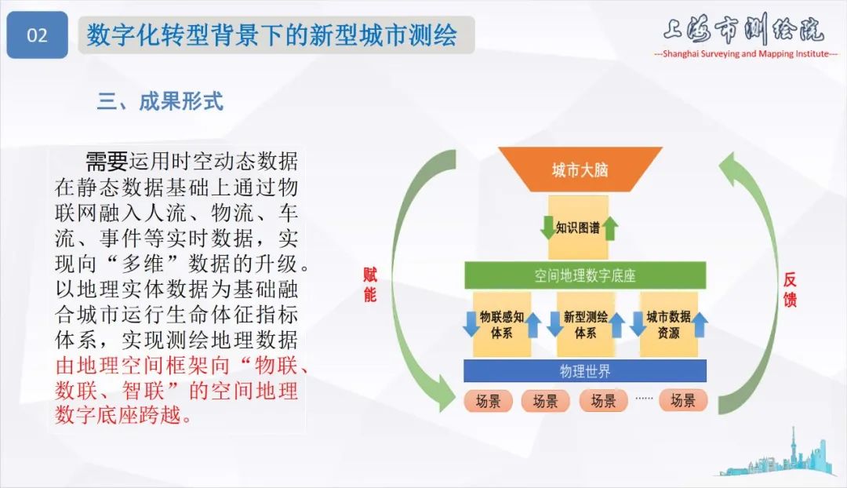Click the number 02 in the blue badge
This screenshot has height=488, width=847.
[37, 36]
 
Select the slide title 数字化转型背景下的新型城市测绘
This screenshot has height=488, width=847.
[272, 35]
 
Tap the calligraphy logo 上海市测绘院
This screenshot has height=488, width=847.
[743, 30]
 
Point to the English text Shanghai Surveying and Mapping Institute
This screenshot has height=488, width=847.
[745, 53]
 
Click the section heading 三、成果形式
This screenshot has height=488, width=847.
[160, 101]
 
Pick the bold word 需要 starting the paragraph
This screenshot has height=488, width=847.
[106, 162]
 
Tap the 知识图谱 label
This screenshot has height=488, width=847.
[578, 228]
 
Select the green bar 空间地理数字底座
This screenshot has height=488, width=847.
[584, 275]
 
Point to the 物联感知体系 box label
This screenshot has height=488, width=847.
[501, 324]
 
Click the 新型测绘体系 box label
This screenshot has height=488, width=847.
[585, 324]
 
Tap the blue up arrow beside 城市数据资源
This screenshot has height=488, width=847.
[700, 324]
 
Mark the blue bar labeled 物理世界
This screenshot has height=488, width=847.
[584, 370]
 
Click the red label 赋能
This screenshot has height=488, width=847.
[369, 284]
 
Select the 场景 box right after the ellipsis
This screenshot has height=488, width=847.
[682, 401]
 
